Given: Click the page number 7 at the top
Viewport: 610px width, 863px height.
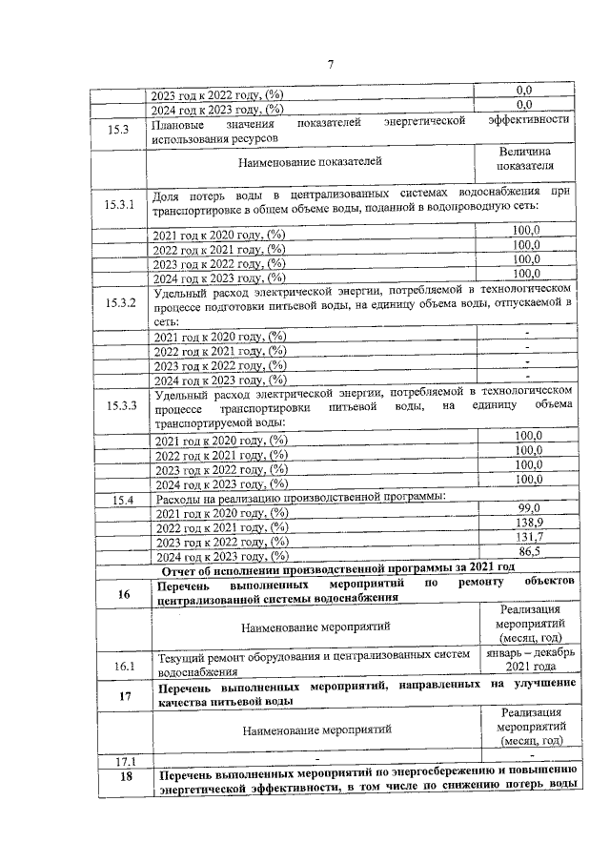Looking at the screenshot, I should [329, 64].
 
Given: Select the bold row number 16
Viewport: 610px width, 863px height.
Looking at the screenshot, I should [122, 595].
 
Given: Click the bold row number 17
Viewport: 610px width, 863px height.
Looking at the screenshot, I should [122, 694].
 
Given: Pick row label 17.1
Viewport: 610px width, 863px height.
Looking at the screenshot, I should [120, 760].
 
